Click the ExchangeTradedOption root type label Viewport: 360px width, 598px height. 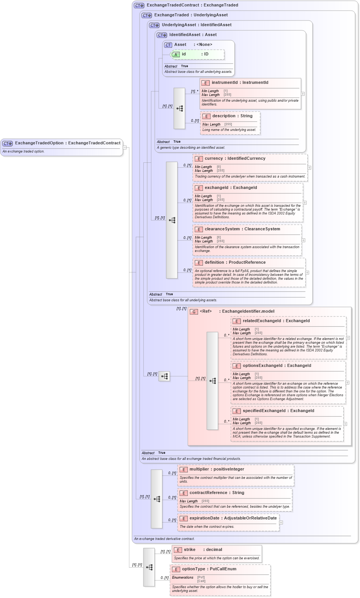[68, 143]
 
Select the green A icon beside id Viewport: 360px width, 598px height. [176, 54]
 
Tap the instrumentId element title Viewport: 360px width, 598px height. [240, 82]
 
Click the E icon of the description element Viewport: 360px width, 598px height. [206, 116]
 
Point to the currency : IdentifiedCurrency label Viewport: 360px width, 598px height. [235, 158]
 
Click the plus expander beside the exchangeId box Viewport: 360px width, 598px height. [305, 203]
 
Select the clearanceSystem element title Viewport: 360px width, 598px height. [242, 229]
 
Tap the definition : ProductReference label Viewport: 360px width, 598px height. [235, 262]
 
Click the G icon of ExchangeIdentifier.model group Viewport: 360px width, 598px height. [194, 312]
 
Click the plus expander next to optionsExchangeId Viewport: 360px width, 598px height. [347, 382]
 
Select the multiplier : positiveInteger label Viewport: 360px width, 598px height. [217, 469]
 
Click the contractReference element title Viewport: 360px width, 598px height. [217, 493]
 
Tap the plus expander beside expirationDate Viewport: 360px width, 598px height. [281, 522]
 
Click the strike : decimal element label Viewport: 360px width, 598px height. [203, 549]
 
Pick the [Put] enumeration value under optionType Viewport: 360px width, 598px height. [201, 577]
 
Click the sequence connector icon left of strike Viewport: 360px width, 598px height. [149, 567]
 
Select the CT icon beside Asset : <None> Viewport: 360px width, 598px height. [168, 45]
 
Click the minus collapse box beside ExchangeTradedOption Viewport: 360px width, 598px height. [124, 147]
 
